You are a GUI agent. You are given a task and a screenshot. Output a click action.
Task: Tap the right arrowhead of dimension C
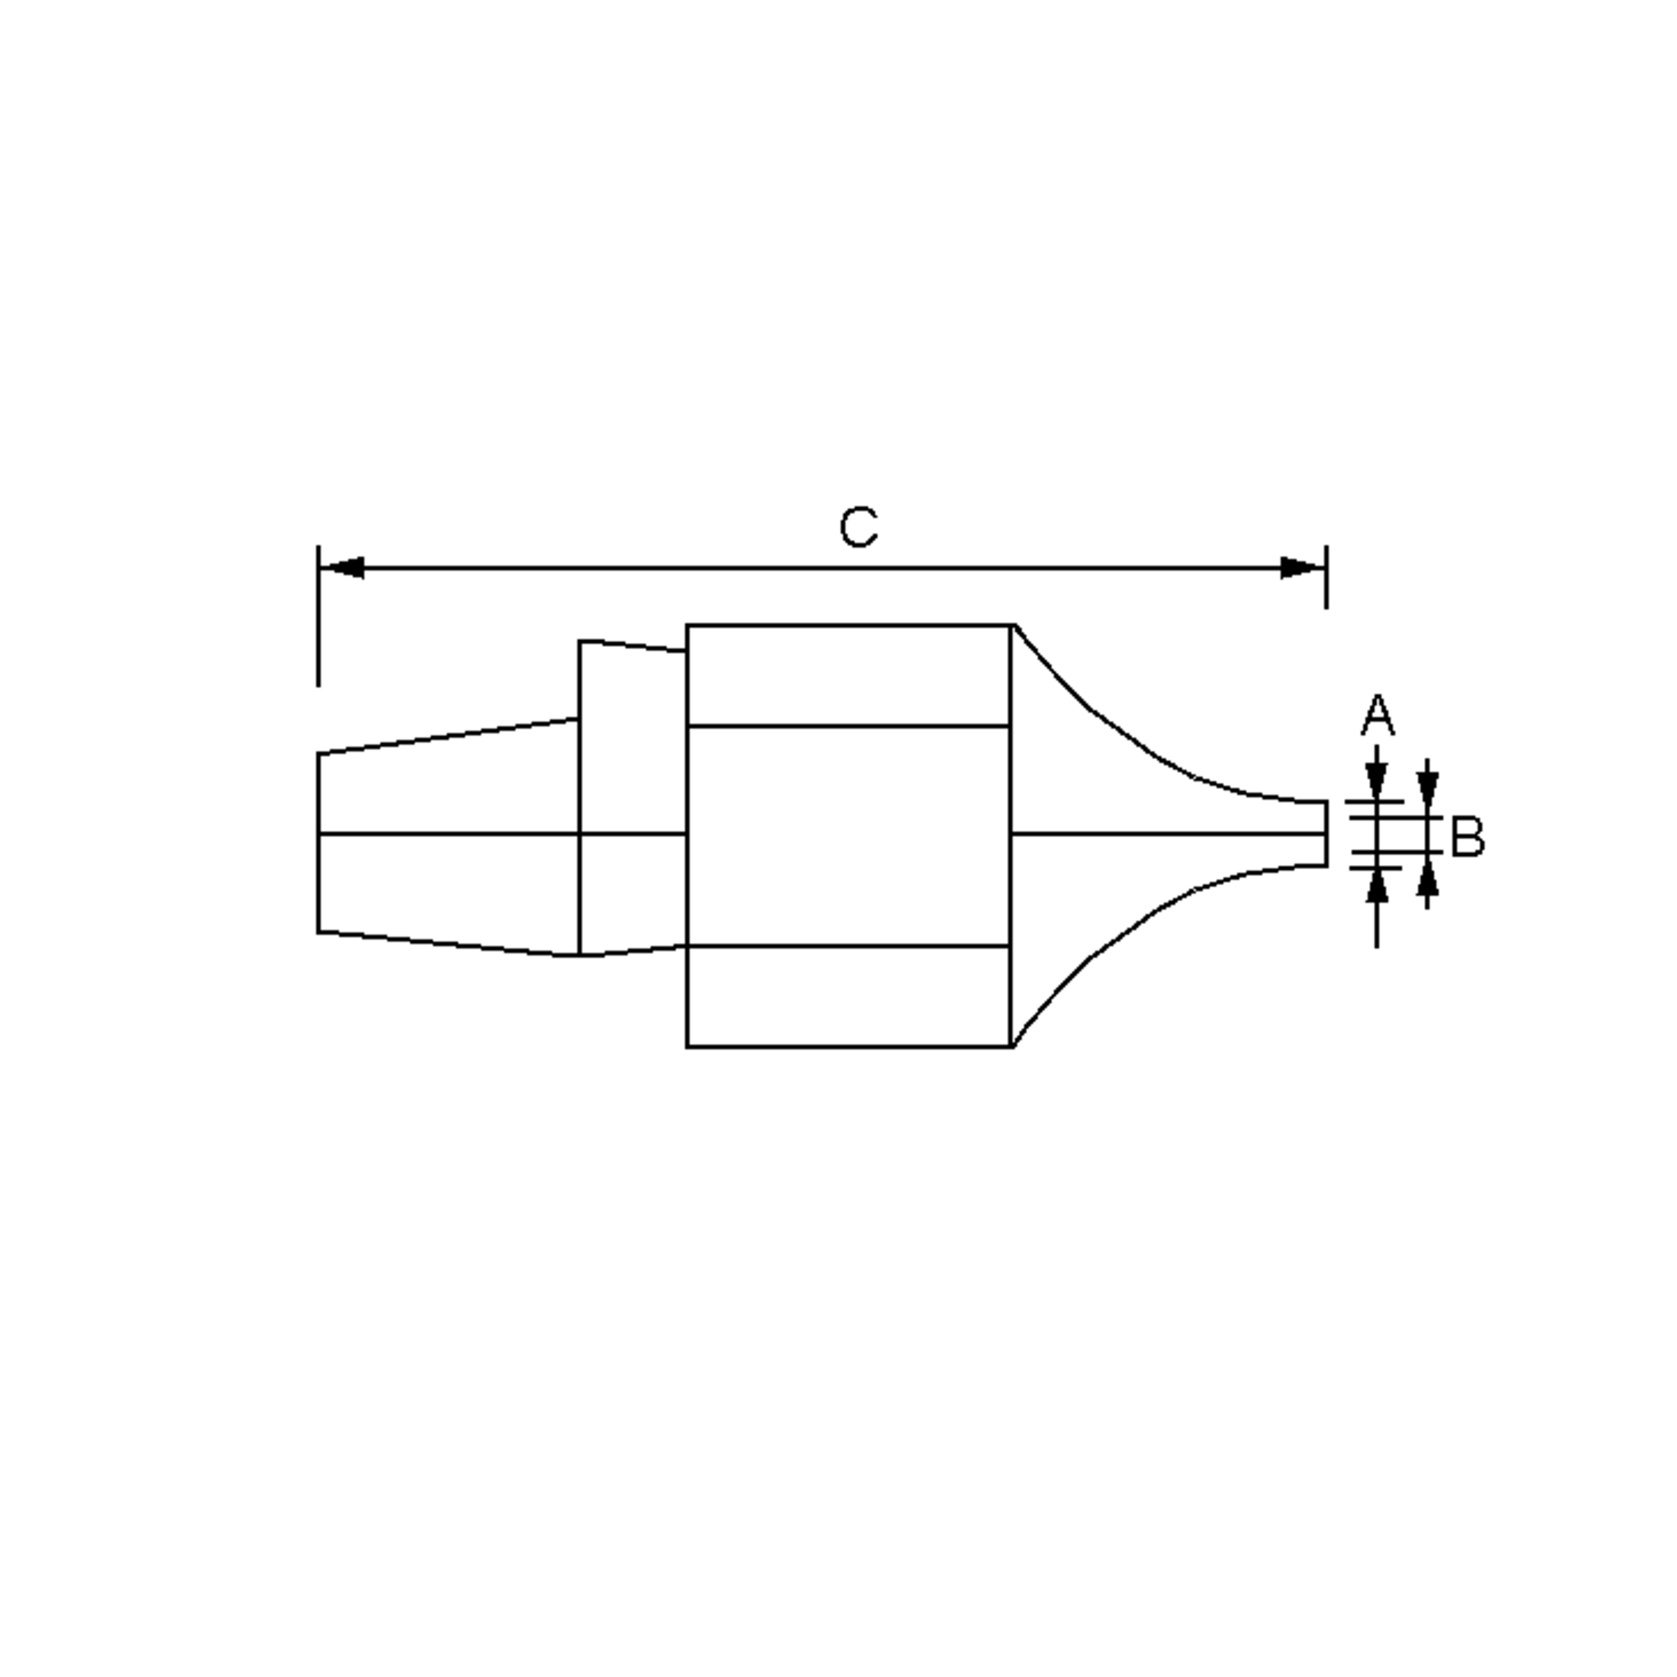(x=1302, y=569)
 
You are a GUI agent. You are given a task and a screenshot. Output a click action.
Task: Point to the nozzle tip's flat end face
(x=1326, y=834)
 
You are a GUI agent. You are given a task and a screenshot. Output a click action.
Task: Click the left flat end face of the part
(x=319, y=842)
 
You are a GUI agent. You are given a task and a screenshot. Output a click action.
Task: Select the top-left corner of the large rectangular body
(x=688, y=625)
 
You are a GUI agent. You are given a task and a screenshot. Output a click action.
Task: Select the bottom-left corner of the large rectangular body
(x=688, y=1047)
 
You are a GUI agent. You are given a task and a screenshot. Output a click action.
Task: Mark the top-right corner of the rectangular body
(x=1012, y=625)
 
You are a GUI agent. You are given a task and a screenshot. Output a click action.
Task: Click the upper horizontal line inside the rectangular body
(x=848, y=726)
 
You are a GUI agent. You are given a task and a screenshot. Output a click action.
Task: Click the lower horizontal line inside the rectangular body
(x=848, y=945)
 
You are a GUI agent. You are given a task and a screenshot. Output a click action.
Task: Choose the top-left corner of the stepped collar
(x=580, y=641)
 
